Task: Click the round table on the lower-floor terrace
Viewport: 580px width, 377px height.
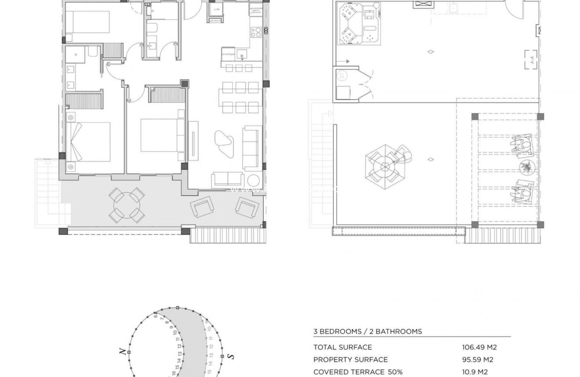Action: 127,205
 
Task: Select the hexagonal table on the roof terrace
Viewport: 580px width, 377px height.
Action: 385,166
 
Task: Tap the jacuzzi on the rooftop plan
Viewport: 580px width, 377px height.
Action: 359,24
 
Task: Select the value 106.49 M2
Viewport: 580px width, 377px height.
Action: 479,347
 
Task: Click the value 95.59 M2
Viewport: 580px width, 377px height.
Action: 477,360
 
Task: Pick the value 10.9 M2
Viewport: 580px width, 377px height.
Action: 475,372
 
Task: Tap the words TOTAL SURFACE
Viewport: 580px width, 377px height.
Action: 342,347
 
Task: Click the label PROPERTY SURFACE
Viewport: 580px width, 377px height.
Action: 350,360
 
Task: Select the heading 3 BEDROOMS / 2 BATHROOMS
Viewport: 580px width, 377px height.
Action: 367,332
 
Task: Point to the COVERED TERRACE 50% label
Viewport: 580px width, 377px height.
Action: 358,372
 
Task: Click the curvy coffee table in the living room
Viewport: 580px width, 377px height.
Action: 225,143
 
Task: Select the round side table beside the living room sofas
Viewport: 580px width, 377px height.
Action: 254,180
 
